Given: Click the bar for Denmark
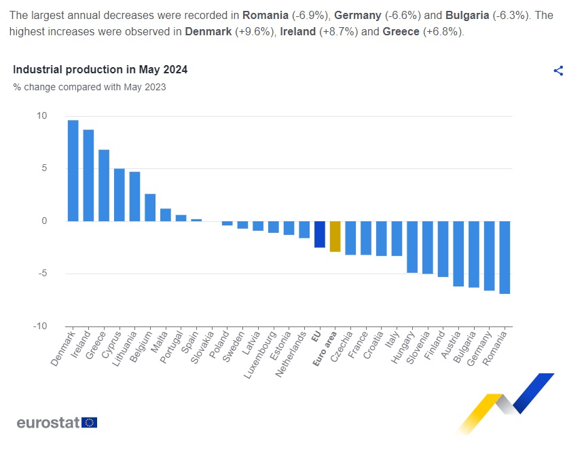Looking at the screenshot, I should click(x=73, y=170).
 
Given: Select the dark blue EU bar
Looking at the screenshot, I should click(x=319, y=234).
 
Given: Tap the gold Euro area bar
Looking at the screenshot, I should click(x=335, y=236).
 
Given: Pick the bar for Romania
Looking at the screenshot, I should click(x=504, y=257).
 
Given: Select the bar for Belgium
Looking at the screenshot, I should click(x=150, y=208).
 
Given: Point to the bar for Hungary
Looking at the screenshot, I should click(x=411, y=246).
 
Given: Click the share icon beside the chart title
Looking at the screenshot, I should click(x=558, y=71).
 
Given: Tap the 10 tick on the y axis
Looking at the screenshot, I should click(x=42, y=116).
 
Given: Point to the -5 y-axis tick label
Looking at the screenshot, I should click(x=42, y=274).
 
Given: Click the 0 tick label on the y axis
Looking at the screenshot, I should click(x=44, y=221).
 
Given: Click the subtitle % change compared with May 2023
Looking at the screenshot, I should click(x=90, y=87).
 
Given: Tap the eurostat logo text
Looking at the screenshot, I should click(x=48, y=422).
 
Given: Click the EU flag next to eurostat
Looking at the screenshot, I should click(x=90, y=422).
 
